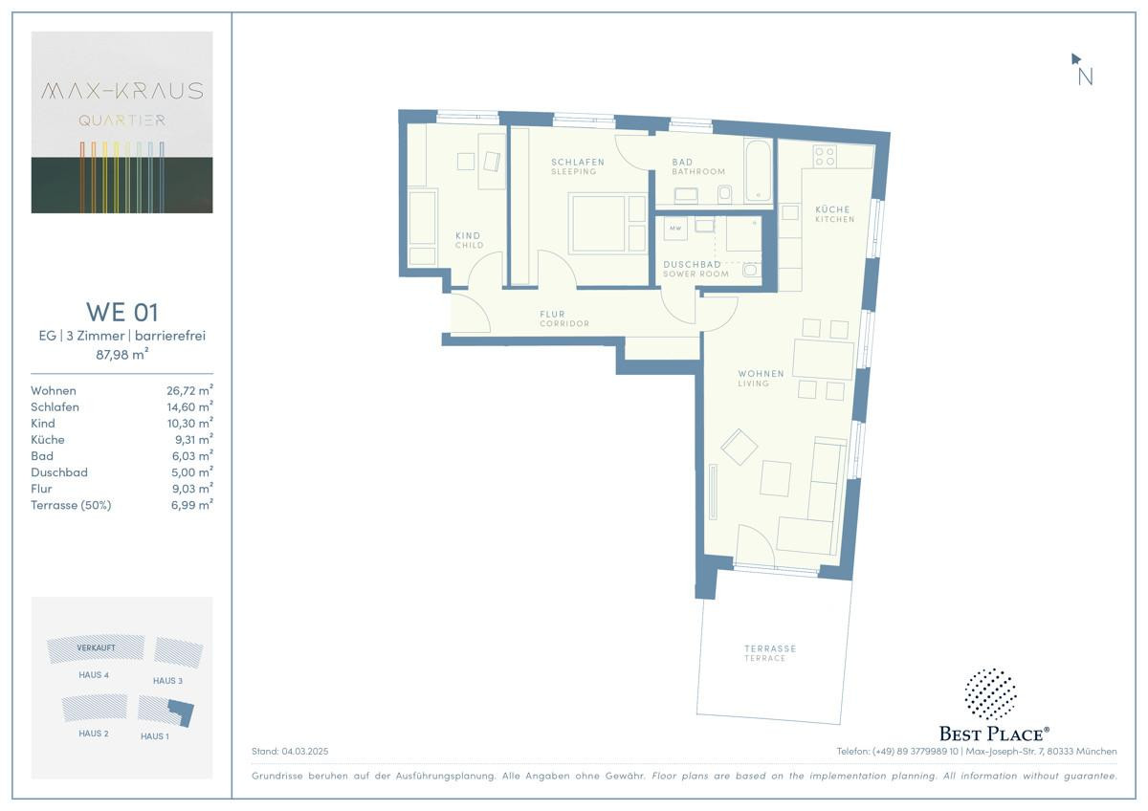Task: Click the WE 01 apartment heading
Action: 122,312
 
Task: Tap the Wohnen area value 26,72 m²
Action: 189,390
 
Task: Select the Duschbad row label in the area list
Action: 59,471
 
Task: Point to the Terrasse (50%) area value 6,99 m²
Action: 191,505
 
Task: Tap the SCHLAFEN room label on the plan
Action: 578,162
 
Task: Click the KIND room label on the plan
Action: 468,235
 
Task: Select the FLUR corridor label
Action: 552,314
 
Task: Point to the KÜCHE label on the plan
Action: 832,209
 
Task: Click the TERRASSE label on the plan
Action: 770,648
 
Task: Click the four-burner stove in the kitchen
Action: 825,156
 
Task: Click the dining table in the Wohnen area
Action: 823,360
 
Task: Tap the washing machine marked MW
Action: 675,229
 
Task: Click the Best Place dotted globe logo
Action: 990,693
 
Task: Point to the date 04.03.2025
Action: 304,751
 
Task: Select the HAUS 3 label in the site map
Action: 167,680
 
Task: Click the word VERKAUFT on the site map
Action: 96,647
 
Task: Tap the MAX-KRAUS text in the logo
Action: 122,91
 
